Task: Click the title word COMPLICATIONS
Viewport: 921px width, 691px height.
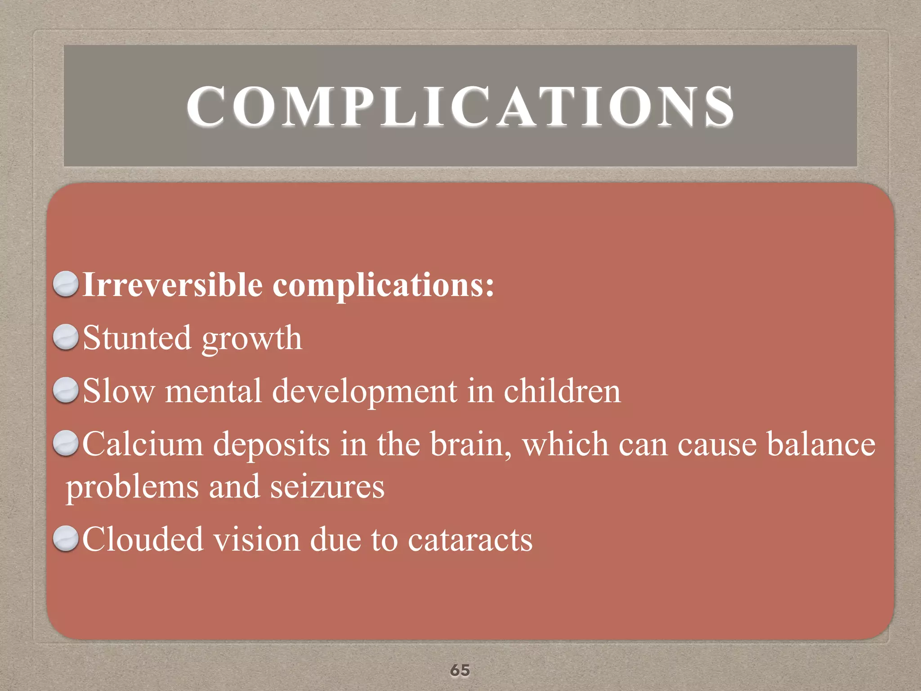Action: pos(460,107)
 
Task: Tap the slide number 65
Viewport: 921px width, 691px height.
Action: pos(460,670)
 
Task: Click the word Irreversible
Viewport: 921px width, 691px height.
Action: pos(173,285)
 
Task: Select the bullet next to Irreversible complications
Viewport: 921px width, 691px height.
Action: pos(66,284)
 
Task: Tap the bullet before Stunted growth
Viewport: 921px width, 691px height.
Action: pos(66,337)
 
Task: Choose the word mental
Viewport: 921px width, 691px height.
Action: pos(213,390)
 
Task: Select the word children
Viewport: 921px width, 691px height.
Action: pos(562,390)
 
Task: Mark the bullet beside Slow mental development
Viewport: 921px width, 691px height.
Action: pos(66,390)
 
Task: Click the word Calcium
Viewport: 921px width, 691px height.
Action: pos(143,444)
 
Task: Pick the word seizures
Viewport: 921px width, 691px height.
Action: pos(327,487)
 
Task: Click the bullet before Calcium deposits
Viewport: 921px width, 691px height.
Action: pos(66,443)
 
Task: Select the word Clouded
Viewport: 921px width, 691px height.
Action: pos(143,539)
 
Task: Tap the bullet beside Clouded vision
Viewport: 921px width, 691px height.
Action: pos(66,538)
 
